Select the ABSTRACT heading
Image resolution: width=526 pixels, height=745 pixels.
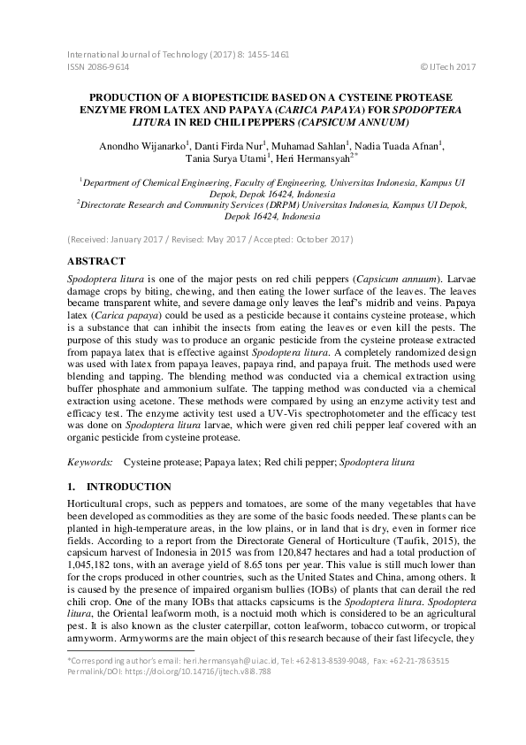100,262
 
